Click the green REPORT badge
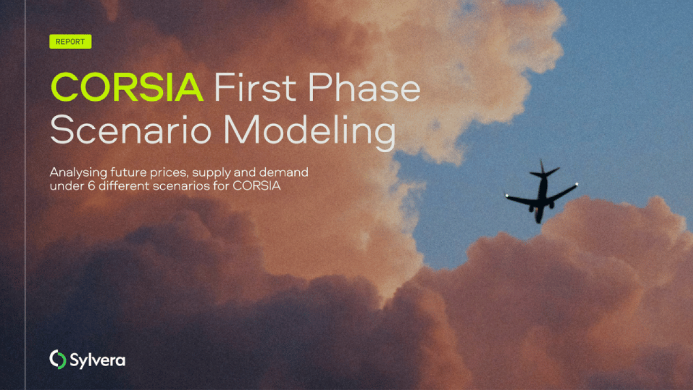70,42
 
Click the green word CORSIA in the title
127,87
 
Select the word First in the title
255,87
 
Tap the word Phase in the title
364,87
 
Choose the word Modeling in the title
310,132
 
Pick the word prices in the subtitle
169,173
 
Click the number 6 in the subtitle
91,186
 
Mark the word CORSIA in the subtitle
257,186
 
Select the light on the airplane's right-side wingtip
577,185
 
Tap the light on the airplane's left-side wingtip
507,196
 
